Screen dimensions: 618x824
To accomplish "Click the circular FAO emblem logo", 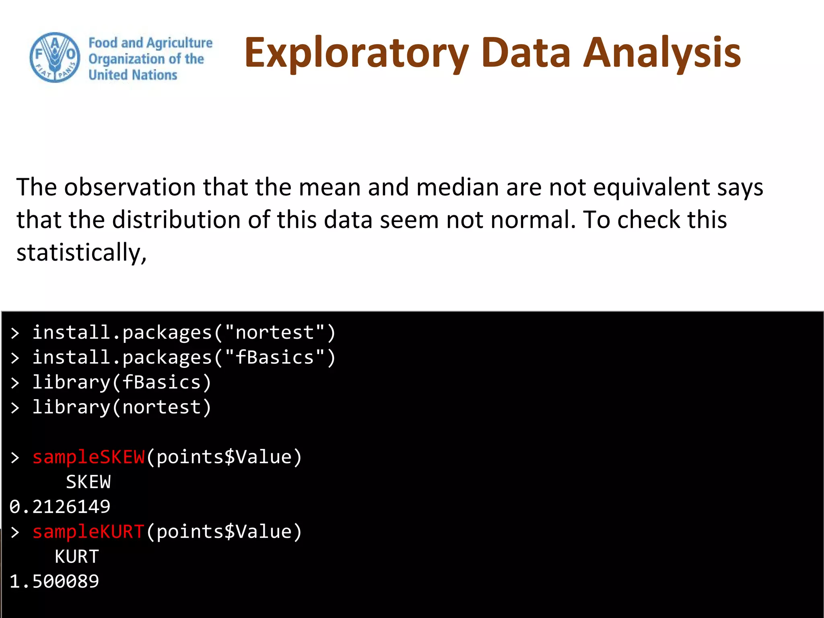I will (55, 58).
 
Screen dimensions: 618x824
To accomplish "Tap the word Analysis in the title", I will (662, 52).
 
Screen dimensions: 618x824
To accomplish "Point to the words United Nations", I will (133, 75).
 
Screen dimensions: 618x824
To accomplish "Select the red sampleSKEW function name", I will (89, 457).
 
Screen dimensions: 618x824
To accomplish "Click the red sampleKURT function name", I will (89, 532).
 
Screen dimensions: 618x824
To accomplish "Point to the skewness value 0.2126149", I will (60, 507).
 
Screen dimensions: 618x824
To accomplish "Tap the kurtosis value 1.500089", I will (54, 581).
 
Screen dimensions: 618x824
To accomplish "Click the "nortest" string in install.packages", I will (274, 333).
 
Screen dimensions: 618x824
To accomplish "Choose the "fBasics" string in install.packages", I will (274, 358).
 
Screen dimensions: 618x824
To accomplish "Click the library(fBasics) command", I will (122, 383).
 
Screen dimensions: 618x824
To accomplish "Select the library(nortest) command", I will (122, 408).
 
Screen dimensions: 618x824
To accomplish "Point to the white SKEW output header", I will (89, 482).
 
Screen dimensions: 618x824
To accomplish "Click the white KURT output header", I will (77, 557).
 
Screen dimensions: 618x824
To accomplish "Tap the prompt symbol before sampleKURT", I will (15, 532).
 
